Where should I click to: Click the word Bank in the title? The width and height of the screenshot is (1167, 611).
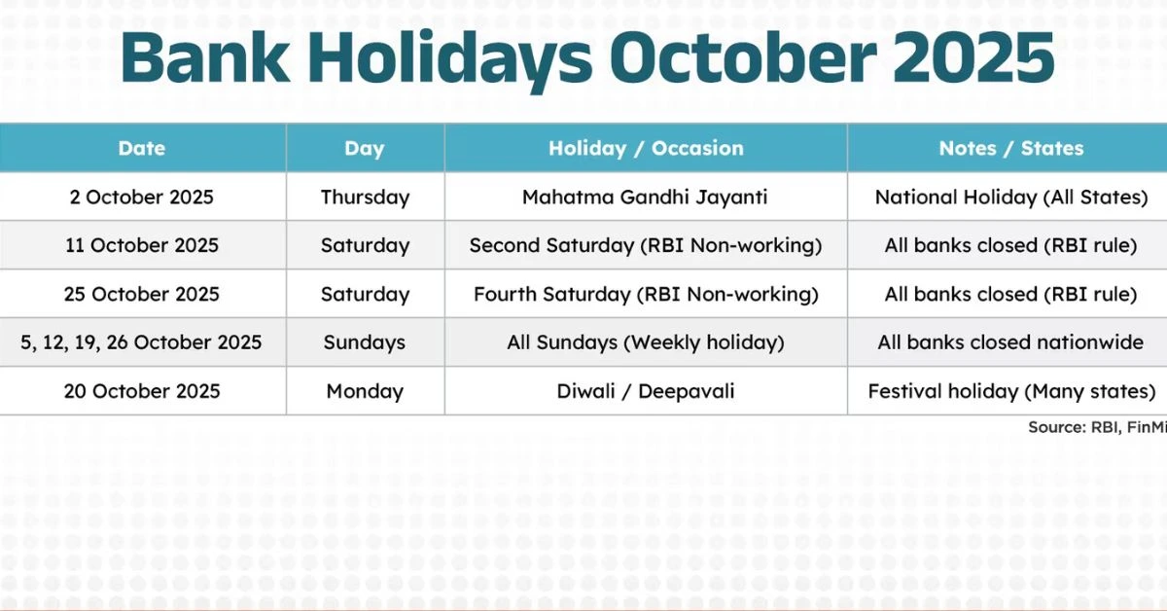point(205,57)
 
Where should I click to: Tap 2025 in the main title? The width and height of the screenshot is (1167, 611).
point(973,57)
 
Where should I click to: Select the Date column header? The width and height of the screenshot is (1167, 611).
point(142,149)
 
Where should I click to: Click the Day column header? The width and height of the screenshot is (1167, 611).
point(364,149)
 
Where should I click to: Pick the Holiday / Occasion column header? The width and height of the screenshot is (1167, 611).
point(646,149)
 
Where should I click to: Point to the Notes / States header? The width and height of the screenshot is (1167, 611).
point(1011,149)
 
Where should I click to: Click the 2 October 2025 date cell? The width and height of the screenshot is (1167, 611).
point(142,198)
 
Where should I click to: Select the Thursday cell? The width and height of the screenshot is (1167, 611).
point(365,198)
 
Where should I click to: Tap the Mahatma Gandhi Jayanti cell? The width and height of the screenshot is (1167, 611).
point(645,198)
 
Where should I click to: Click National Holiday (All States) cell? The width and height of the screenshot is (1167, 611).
point(1011,198)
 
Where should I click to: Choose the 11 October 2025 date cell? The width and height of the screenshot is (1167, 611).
point(142,245)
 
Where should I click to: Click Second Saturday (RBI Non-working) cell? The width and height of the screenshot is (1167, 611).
point(646,245)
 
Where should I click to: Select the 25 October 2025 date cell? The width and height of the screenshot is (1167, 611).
point(142,295)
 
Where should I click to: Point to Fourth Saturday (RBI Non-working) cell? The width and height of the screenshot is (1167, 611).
point(646,295)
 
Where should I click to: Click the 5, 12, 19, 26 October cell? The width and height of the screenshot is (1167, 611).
point(141,342)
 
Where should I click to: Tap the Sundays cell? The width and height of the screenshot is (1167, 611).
point(364,343)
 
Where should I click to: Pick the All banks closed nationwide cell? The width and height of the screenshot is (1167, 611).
point(1010,342)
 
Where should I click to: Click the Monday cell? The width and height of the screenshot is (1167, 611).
point(365,391)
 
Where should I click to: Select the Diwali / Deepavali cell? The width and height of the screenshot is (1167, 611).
point(646,391)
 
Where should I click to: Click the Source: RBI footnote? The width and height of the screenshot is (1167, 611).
point(1097,427)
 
